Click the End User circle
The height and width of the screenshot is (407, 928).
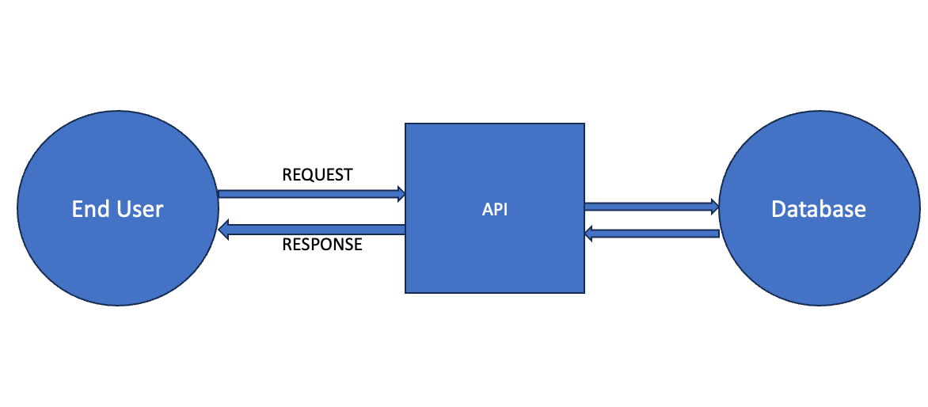tap(118, 208)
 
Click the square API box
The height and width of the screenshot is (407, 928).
tap(495, 208)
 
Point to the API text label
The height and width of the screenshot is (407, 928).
tap(495, 210)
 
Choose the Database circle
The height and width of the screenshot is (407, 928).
tap(820, 208)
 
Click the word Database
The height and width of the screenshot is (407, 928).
tap(819, 209)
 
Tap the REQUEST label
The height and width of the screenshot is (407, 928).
tap(318, 175)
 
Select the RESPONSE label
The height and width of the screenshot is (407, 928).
tap(322, 245)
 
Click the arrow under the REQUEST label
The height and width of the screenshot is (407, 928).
tap(312, 193)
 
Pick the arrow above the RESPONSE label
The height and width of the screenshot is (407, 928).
tap(312, 230)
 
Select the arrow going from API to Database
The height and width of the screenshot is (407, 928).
tap(652, 207)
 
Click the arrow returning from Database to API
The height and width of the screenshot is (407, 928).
tap(652, 234)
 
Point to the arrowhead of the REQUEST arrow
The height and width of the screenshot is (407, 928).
tap(401, 193)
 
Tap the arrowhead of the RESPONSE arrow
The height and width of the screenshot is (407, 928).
tap(224, 230)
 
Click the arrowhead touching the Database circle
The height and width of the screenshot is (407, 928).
tap(715, 207)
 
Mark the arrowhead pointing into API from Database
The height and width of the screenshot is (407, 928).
tap(589, 234)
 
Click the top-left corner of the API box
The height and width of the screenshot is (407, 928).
tap(405, 124)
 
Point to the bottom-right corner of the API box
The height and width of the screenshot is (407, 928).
tap(584, 293)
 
